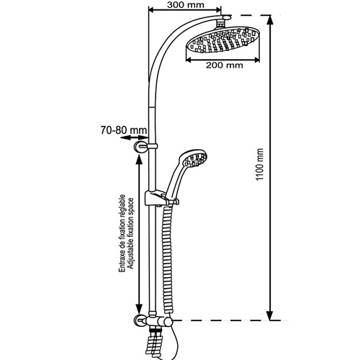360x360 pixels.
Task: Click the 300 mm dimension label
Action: coord(186,4)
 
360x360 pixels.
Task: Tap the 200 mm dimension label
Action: coord(225,65)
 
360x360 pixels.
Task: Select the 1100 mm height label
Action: coord(260,164)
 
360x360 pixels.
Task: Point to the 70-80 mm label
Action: coord(124,130)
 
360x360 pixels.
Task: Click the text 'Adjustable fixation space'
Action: coord(131,233)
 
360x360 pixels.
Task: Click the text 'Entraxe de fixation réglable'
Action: coord(122,233)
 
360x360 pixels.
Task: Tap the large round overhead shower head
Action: coord(222,40)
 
